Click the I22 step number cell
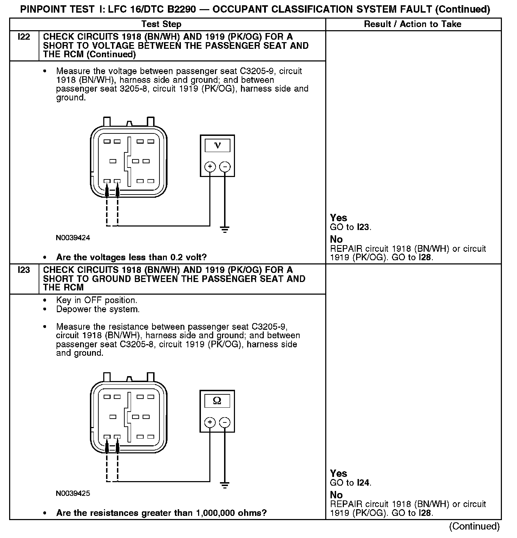click(24, 37)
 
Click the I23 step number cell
click(24, 270)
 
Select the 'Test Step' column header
click(161, 24)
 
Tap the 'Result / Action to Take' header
click(413, 24)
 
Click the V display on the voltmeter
click(217, 146)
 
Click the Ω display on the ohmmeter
click(217, 401)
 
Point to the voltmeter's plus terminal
click(210, 166)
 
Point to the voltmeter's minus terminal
click(225, 166)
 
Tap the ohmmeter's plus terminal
click(210, 422)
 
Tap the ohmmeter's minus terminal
click(225, 422)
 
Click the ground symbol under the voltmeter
click(225, 230)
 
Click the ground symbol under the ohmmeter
click(225, 486)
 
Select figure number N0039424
click(73, 238)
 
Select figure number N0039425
click(73, 493)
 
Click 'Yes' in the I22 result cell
click(339, 218)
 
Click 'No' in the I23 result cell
click(336, 495)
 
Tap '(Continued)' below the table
click(474, 526)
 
